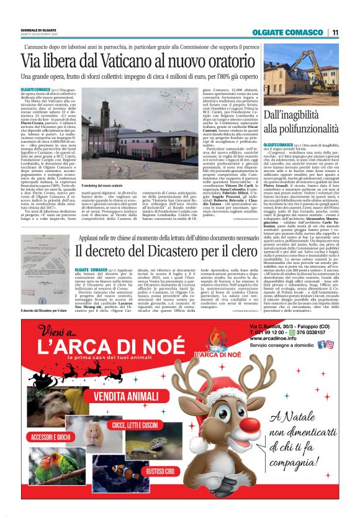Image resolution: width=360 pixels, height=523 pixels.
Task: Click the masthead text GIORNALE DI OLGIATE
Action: (37, 30)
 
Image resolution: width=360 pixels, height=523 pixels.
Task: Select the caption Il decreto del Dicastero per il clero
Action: (43, 311)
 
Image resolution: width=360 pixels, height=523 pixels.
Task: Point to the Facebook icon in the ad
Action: (322, 345)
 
